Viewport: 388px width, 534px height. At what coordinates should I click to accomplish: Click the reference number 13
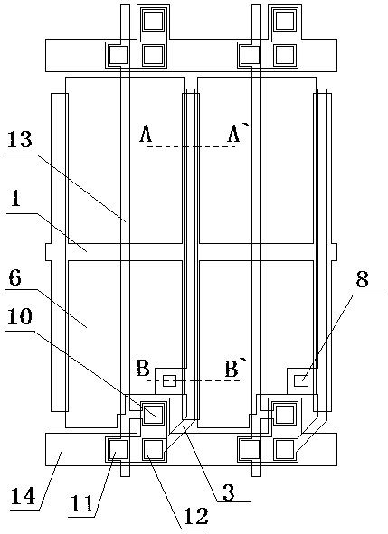coord(19,139)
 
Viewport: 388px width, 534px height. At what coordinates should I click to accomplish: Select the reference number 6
coord(14,278)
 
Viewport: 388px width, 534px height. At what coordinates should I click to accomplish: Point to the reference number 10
coord(20,316)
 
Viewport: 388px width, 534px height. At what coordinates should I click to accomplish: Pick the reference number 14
coord(23,496)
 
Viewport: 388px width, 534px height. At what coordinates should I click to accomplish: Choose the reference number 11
coord(80,503)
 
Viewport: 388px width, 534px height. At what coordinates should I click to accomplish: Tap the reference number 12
coord(195,516)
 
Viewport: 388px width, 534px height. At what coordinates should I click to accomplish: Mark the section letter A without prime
coord(146,134)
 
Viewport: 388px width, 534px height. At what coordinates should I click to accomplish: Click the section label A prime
coord(235,133)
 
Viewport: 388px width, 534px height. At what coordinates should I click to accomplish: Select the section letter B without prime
coord(143,368)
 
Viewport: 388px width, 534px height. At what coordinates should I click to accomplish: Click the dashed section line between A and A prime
coord(191,146)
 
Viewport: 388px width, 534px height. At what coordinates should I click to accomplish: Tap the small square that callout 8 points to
coord(301,380)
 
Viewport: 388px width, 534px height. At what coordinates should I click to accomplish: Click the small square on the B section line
coord(169,380)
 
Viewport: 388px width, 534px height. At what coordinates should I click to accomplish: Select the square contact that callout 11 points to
coord(118,449)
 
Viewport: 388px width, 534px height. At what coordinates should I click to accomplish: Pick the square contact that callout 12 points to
coord(154,450)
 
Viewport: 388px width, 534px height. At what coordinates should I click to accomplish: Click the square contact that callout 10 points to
coord(153,415)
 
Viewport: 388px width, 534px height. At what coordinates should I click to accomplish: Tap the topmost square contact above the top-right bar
coord(285,21)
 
